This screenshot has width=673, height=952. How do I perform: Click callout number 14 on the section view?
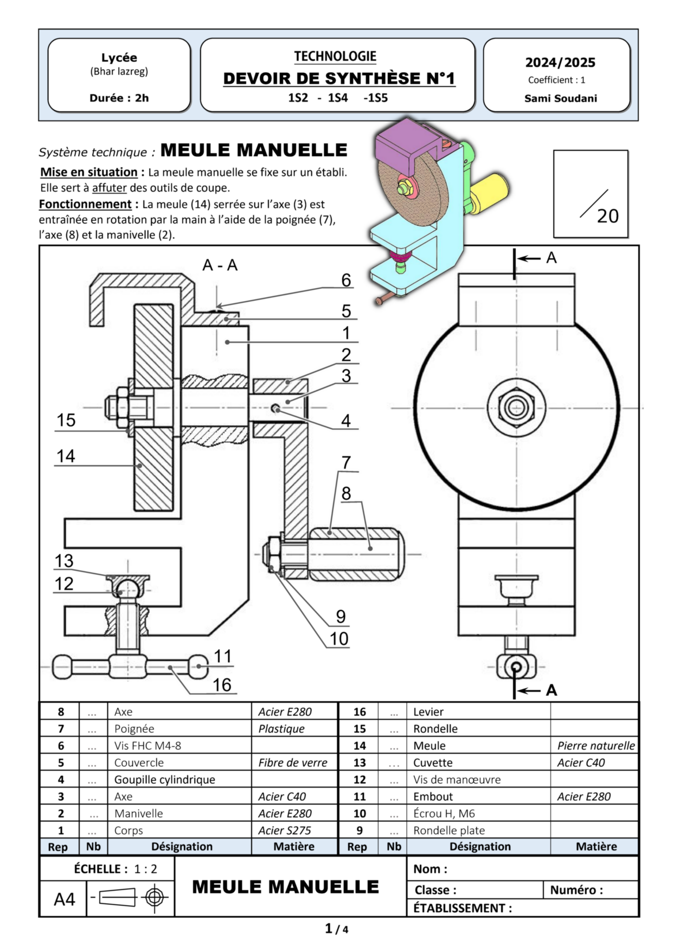(66, 456)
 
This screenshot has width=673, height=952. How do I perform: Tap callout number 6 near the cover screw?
(346, 280)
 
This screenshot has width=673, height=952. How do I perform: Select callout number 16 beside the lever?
(222, 685)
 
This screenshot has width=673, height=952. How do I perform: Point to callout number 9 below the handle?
(341, 617)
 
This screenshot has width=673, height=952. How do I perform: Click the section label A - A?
(220, 265)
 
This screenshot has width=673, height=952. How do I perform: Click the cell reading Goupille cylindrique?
(165, 779)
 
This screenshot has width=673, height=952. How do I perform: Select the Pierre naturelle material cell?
(595, 746)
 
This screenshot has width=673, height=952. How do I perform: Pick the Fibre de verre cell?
(293, 763)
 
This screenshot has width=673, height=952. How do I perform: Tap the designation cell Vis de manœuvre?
(457, 779)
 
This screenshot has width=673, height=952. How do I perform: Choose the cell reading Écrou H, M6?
(444, 813)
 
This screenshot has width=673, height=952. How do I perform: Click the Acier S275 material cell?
(285, 830)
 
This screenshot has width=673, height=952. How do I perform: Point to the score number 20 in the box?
(607, 216)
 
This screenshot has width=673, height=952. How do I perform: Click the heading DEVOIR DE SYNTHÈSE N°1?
(339, 79)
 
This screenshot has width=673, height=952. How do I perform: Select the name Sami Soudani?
(560, 98)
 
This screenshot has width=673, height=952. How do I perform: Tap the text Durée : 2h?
(119, 98)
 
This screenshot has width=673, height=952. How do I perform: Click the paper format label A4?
(64, 899)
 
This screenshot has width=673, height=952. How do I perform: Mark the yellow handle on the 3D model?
(490, 190)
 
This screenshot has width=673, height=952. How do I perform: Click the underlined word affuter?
(109, 188)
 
